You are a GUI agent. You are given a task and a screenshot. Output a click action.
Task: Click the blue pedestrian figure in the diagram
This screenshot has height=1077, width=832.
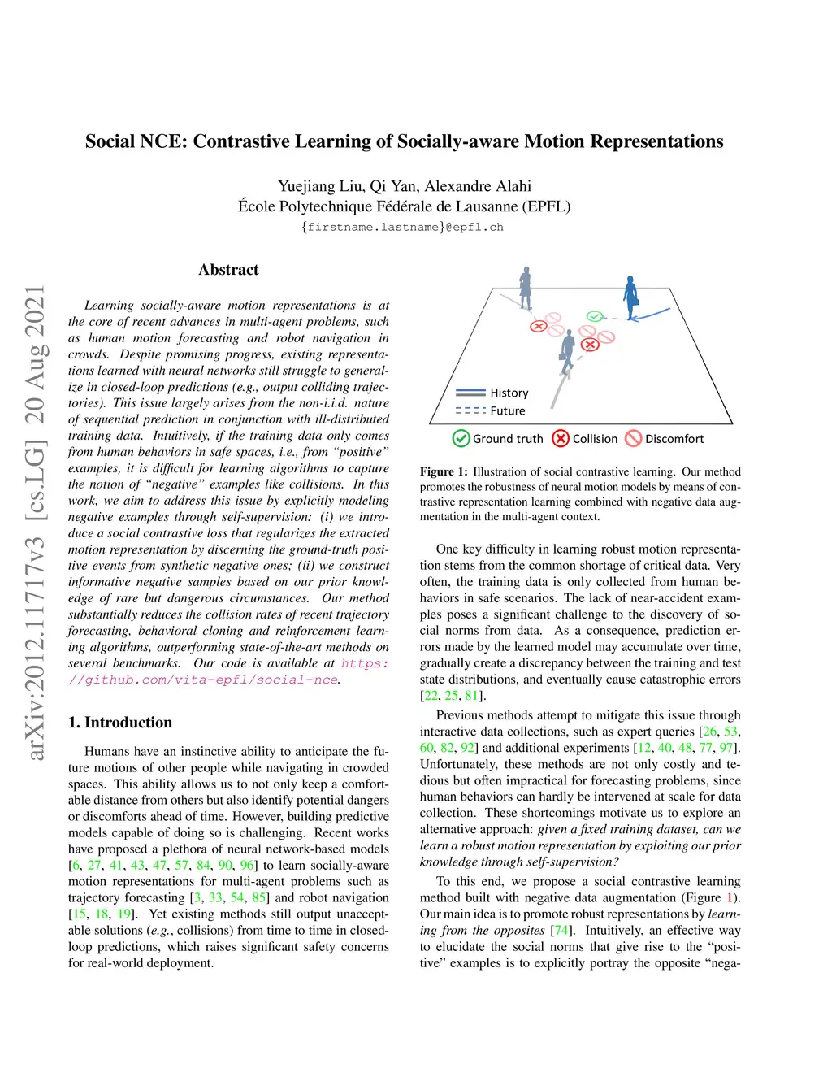coord(630,296)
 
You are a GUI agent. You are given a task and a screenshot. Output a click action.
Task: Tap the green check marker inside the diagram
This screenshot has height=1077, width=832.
coord(595,315)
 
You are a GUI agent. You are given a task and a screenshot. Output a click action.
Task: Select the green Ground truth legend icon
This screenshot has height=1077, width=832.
coord(461,439)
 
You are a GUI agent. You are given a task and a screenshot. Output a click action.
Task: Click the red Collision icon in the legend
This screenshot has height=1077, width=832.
coord(561,439)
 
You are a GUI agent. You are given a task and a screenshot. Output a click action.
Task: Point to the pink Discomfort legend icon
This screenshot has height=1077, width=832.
coord(633,439)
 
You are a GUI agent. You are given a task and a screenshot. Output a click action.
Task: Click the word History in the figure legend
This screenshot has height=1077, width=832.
coord(509,393)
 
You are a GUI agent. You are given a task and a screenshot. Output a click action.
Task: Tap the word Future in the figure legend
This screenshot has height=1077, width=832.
coord(508,411)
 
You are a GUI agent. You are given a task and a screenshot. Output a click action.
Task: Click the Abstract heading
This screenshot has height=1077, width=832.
coord(228,270)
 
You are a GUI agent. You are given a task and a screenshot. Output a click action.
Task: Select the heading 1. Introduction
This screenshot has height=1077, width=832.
coord(120,723)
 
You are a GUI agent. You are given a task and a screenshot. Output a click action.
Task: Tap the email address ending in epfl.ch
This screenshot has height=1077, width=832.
coord(402,228)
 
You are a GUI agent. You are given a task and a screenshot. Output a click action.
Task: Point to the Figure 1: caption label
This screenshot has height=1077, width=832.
coord(444,471)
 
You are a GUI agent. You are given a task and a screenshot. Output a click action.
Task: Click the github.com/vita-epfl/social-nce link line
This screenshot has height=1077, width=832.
coord(203,680)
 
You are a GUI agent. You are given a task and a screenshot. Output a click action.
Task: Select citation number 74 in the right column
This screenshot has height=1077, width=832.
coord(561,931)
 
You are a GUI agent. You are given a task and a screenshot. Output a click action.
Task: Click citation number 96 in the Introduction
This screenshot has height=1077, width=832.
coord(247,866)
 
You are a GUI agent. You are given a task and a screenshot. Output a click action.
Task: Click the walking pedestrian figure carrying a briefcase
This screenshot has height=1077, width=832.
coord(567,350)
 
